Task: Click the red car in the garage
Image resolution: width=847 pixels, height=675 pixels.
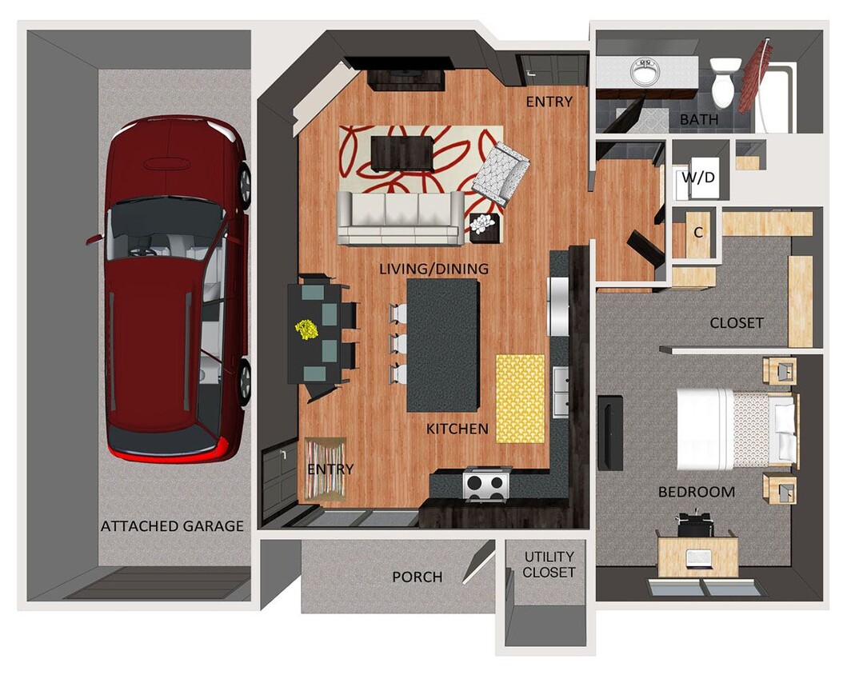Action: click(x=176, y=288)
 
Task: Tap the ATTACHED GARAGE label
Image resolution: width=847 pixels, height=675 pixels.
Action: click(x=172, y=526)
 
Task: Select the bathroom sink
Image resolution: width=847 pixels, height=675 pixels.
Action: click(x=645, y=71)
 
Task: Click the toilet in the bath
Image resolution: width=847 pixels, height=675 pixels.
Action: click(x=724, y=82)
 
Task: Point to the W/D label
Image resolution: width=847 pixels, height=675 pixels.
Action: click(x=699, y=178)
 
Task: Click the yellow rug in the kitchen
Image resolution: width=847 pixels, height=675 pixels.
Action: click(x=520, y=398)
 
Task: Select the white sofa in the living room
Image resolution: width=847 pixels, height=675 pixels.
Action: click(x=400, y=217)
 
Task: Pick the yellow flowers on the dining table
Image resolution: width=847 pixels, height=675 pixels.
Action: click(x=306, y=330)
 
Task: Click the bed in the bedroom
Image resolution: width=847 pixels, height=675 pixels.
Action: click(x=736, y=429)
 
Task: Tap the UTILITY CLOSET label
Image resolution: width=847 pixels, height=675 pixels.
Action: click(x=549, y=565)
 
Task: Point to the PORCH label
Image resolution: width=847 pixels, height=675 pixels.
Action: click(x=417, y=577)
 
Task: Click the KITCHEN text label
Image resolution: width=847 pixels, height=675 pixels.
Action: click(x=457, y=429)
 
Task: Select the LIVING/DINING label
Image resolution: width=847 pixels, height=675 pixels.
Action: click(x=433, y=270)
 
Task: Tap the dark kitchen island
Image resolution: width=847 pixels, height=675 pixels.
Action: click(x=442, y=344)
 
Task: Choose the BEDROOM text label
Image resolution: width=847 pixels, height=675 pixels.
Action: click(x=696, y=492)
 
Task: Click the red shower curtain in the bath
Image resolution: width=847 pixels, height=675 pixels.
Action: click(x=755, y=76)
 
